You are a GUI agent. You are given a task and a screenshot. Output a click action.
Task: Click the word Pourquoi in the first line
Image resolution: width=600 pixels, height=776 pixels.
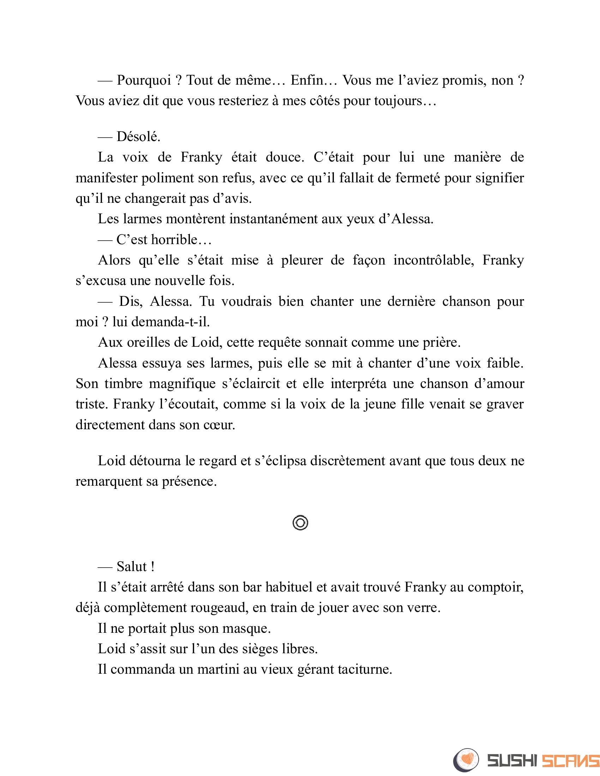coord(144,81)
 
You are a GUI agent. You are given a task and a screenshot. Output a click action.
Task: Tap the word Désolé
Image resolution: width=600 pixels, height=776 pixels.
coord(138,137)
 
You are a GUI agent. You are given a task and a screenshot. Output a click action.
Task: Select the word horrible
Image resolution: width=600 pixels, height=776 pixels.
coord(174,240)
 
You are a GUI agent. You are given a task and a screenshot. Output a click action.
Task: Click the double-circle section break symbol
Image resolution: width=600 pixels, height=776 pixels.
coord(300,523)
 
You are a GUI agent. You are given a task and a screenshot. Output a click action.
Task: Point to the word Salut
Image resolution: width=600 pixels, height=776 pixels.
coord(132,567)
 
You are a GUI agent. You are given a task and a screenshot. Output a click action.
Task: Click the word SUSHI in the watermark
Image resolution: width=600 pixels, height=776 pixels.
coord(512,761)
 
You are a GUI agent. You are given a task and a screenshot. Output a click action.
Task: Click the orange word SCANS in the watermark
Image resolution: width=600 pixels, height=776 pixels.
coord(570,761)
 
